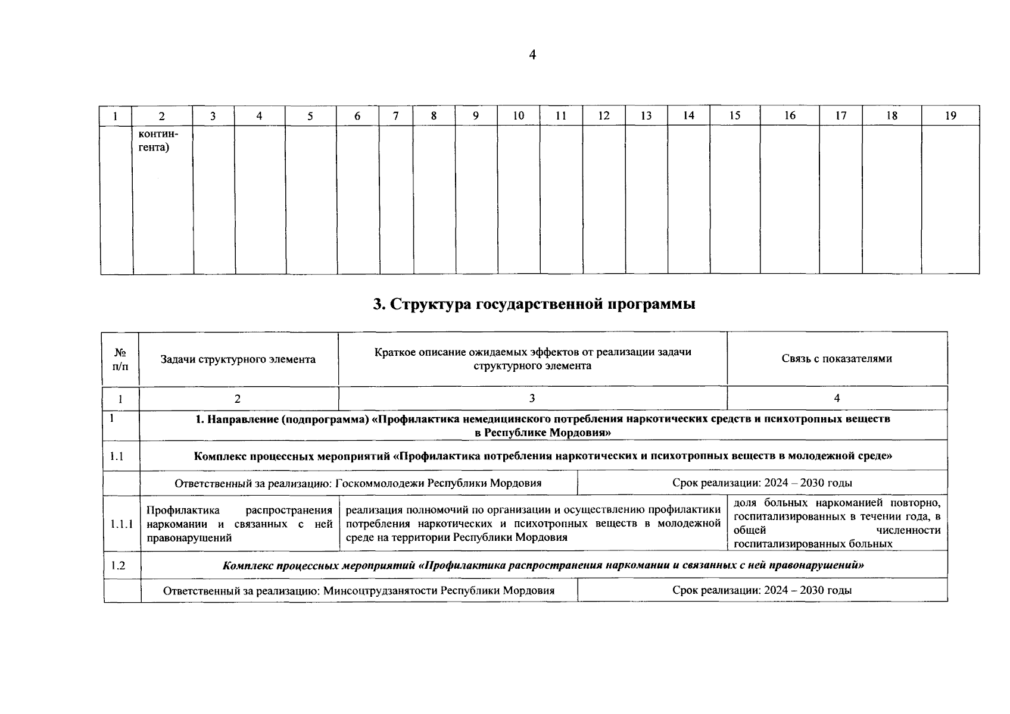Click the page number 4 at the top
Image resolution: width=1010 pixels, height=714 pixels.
tap(532, 55)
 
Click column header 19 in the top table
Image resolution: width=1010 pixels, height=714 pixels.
tap(950, 116)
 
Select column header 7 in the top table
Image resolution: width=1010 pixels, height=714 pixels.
tap(396, 116)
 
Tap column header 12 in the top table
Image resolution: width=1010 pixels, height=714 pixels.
tap(604, 116)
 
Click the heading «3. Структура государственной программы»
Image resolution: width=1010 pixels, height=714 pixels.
tap(534, 304)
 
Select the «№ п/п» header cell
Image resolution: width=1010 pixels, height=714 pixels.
tap(120, 359)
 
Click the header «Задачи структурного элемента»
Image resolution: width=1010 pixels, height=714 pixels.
tap(238, 359)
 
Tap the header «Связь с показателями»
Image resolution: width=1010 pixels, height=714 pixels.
tap(836, 359)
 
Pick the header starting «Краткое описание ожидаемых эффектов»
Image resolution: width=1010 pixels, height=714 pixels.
tap(532, 359)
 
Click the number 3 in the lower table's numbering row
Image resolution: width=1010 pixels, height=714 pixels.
tap(532, 399)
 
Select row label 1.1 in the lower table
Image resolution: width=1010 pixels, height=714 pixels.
tap(117, 456)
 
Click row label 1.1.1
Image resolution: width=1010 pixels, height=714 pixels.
tap(121, 524)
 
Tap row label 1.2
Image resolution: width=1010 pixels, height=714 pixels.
tap(118, 565)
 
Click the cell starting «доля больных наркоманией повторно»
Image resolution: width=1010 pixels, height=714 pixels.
tap(837, 524)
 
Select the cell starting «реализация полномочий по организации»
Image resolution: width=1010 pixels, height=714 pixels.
tap(532, 524)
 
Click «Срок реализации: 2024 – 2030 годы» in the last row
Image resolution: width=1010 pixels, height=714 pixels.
tap(762, 590)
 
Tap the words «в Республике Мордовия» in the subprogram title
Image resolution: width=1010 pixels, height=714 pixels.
tap(543, 433)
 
